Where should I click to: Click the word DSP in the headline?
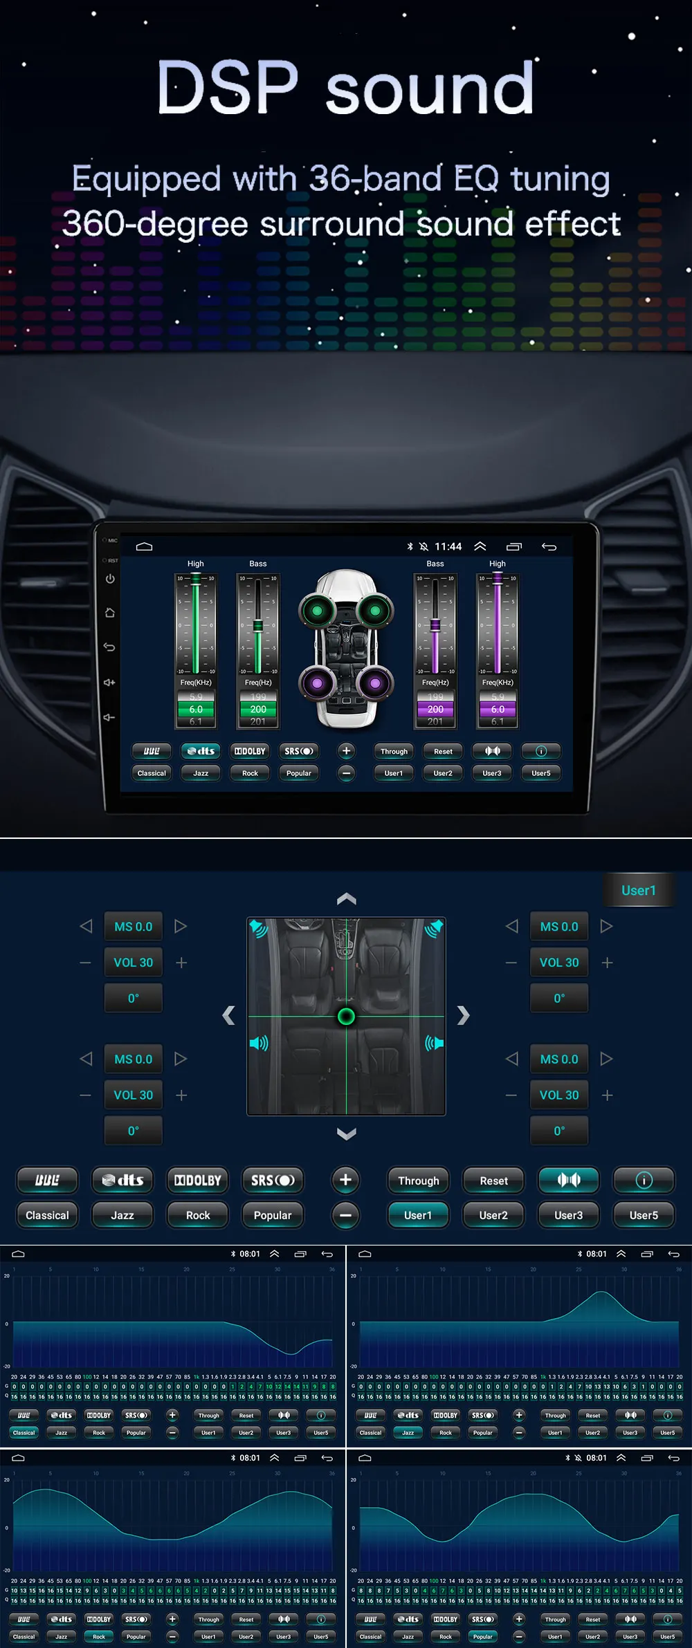click(x=228, y=88)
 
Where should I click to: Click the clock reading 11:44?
click(x=448, y=546)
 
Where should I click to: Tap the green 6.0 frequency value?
click(x=196, y=710)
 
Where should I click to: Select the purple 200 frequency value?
click(x=435, y=710)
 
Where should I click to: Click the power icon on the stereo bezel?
click(x=110, y=579)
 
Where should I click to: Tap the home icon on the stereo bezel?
click(x=110, y=613)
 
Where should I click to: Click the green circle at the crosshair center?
click(x=346, y=1016)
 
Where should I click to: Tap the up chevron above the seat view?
click(x=346, y=899)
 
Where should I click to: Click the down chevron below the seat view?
click(x=346, y=1133)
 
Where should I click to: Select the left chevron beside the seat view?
click(x=229, y=1015)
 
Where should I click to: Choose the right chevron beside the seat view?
click(x=463, y=1015)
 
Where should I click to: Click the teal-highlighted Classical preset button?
click(x=24, y=1432)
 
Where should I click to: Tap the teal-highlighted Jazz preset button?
click(x=408, y=1432)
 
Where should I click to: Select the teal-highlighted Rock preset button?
click(x=99, y=1636)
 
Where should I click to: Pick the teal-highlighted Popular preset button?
click(x=483, y=1636)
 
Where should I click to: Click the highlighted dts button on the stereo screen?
click(x=201, y=751)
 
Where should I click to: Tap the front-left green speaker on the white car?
click(x=317, y=610)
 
